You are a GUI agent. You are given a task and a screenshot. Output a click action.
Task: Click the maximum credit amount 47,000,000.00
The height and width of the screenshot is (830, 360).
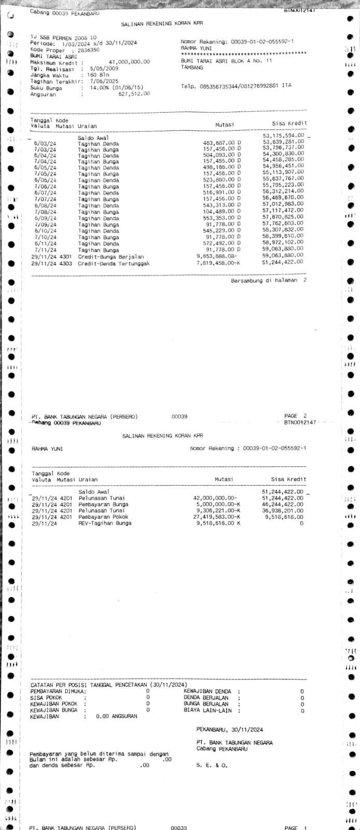(x=129, y=62)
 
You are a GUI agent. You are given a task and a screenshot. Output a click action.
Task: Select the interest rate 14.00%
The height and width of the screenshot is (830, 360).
(x=102, y=88)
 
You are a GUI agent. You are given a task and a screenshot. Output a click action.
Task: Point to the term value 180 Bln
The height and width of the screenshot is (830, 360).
(x=98, y=75)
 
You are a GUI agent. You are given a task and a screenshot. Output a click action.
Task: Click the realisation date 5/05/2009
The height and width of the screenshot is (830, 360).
(x=104, y=68)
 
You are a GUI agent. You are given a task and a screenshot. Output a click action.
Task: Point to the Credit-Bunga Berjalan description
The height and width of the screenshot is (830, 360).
(x=110, y=256)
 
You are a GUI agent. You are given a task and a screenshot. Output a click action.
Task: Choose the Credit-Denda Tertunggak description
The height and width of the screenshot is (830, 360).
(x=114, y=263)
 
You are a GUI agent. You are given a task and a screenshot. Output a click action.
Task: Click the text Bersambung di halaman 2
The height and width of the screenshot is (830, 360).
(x=269, y=280)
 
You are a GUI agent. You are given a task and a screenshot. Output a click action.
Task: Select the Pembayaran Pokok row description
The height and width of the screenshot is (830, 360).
(x=103, y=517)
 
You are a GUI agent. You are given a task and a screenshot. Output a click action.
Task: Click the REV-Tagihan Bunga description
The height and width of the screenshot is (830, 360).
(x=105, y=523)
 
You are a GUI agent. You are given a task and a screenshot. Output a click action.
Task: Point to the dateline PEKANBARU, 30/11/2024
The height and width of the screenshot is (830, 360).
(x=229, y=729)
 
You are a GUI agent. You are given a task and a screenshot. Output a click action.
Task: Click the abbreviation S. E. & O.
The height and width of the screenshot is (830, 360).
(x=212, y=765)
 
